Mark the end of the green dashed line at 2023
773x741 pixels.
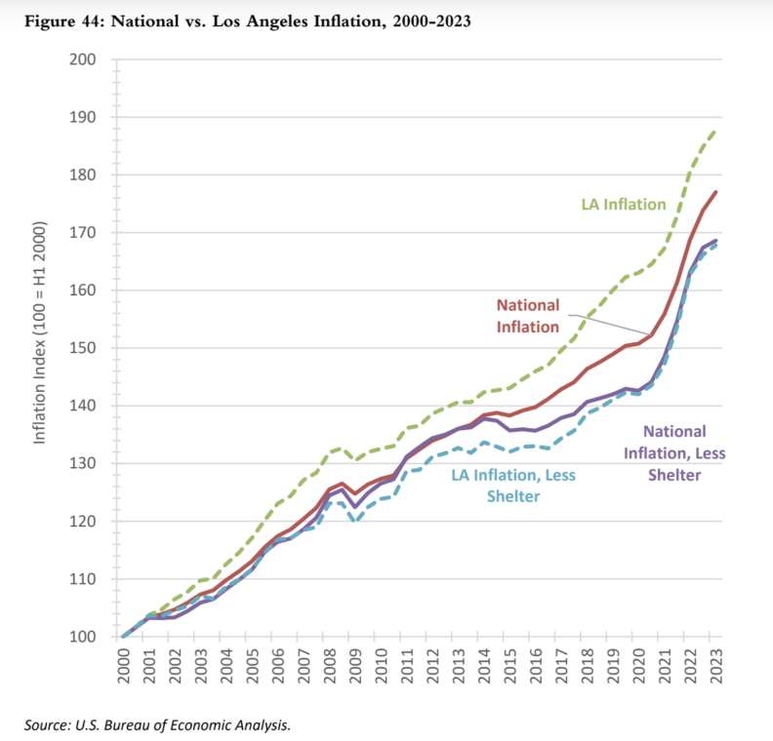pos(717,130)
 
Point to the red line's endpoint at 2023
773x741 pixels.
pos(717,192)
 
